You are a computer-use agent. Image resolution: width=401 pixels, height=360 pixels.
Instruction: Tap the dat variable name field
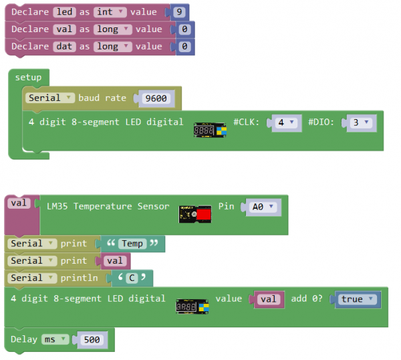tap(62, 47)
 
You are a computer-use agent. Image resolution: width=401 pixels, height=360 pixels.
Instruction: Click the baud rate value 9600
tap(156, 98)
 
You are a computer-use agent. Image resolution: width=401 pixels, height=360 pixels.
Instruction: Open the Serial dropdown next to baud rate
tap(50, 98)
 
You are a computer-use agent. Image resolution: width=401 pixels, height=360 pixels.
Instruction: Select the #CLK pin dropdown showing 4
tap(286, 123)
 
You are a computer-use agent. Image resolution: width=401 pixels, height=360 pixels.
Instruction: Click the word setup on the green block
tap(28, 78)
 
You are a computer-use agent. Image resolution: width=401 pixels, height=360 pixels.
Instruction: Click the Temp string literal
tap(132, 244)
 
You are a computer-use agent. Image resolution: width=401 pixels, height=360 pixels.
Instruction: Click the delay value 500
tap(92, 340)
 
